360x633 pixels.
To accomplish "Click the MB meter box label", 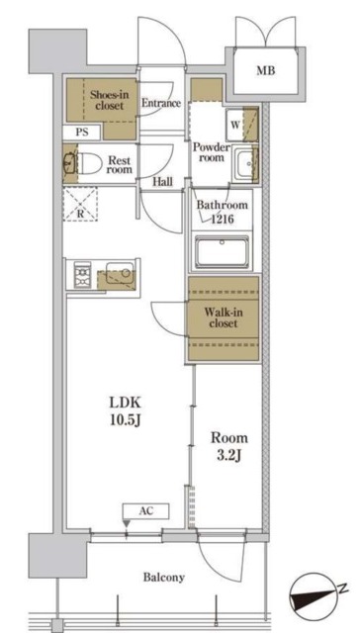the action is [266, 71].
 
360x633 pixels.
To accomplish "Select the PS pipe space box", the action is [82, 133].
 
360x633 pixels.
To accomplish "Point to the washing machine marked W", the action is [235, 125].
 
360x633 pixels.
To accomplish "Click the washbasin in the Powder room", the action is [244, 165].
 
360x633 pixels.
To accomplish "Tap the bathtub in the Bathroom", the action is [222, 253].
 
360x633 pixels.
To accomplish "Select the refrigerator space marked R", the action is [80, 205].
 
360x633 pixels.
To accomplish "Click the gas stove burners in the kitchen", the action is [83, 275].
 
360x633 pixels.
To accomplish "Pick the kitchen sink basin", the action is [120, 272].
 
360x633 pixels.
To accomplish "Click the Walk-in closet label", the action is [224, 317].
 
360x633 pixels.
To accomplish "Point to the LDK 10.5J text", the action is [125, 411].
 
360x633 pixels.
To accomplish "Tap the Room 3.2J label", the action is [229, 447].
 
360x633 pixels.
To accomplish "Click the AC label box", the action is [145, 511].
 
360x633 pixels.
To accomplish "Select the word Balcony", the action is [164, 578].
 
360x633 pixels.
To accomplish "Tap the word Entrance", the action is [160, 103].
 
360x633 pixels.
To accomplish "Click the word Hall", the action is [162, 182].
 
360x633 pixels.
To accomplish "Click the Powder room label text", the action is [211, 152].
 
